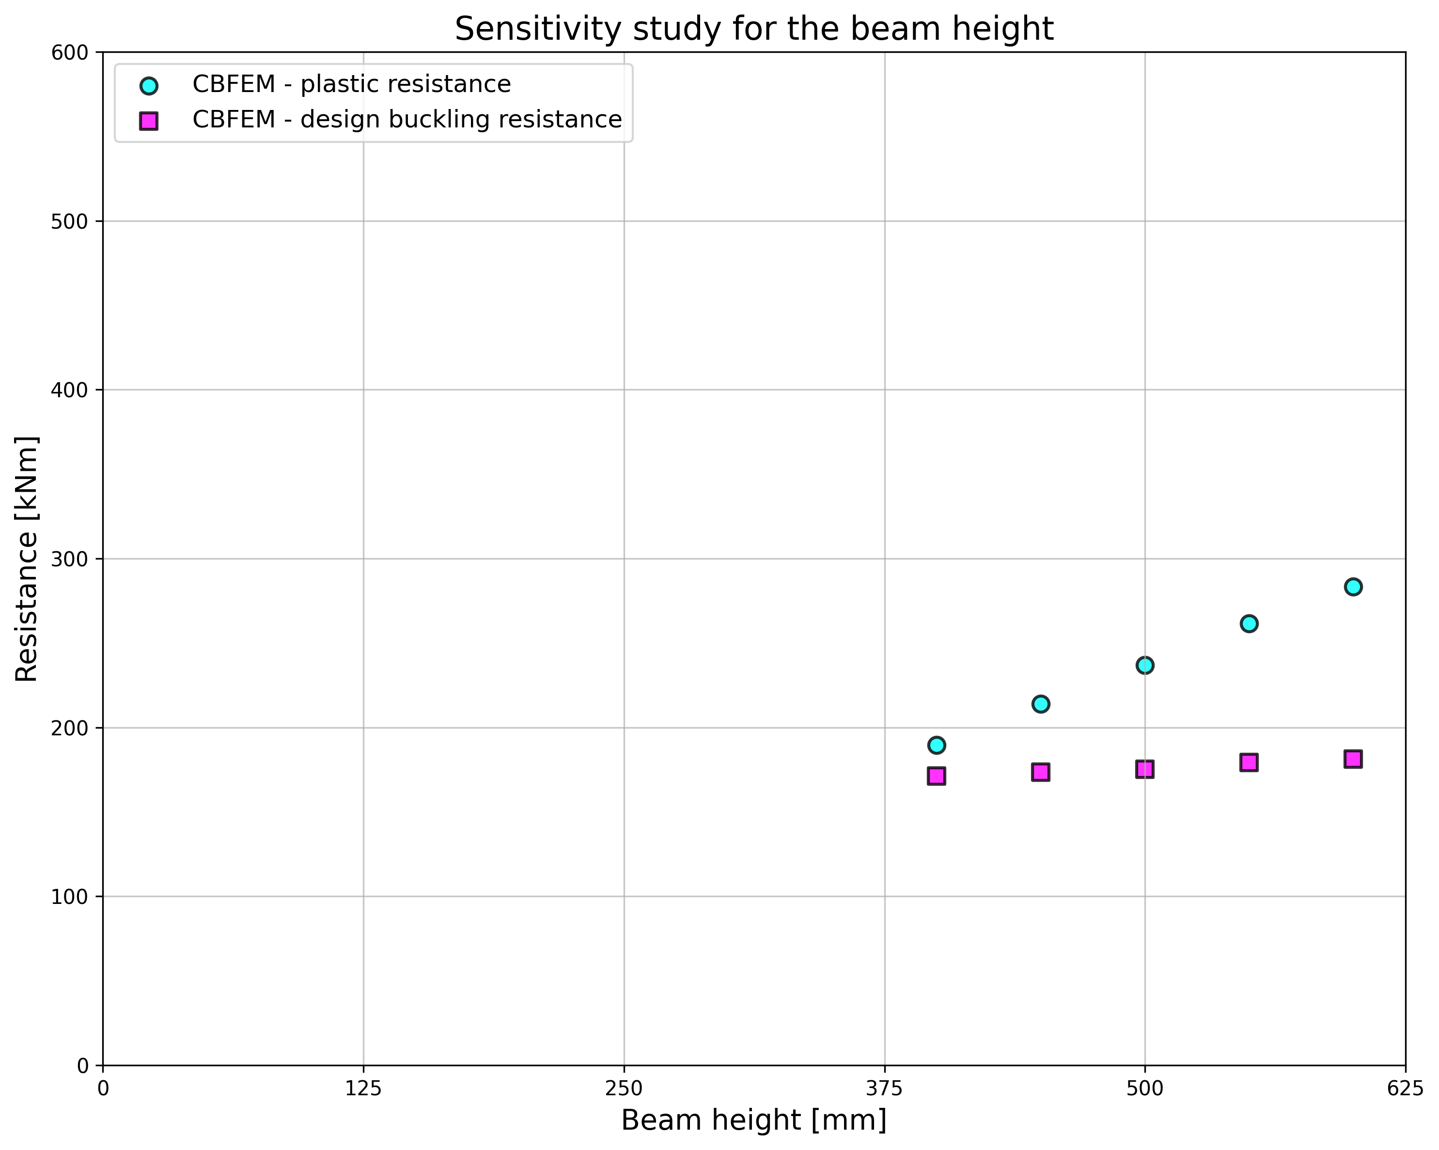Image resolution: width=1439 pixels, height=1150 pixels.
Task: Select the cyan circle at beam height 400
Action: [937, 745]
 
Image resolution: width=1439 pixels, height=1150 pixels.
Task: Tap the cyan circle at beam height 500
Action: [1144, 666]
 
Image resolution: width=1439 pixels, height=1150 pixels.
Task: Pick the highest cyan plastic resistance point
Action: [1353, 587]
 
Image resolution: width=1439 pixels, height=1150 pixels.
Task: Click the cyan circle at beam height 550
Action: [1249, 623]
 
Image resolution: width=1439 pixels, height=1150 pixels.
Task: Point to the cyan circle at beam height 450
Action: [1041, 704]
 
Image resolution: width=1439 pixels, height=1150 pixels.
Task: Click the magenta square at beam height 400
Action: [937, 776]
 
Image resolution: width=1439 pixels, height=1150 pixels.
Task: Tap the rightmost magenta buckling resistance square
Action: [1353, 759]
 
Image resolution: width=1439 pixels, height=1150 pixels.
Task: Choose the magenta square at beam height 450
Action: [1041, 772]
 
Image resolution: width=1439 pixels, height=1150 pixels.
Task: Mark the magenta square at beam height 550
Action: [1249, 762]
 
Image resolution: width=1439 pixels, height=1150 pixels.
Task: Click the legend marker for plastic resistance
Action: [149, 85]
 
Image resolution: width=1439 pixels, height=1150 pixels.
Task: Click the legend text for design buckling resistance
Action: [407, 120]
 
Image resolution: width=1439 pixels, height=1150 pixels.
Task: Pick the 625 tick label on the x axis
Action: [1405, 1088]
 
